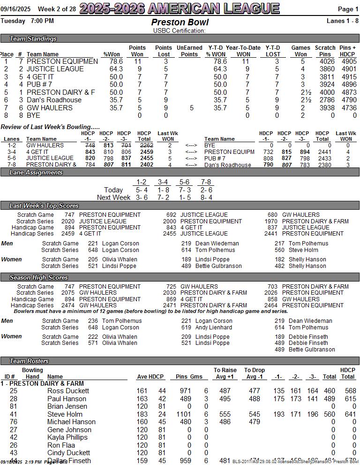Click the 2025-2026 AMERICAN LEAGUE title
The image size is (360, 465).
pyautogui.click(x=180, y=8)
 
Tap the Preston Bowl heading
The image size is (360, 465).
pyautogui.click(x=180, y=23)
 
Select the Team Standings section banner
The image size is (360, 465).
pyautogui.click(x=33, y=39)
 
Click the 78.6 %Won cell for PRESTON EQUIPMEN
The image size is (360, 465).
pyautogui.click(x=116, y=61)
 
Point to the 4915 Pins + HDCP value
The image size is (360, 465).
pyautogui.click(x=348, y=77)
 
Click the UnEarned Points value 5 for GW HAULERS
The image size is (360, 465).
pyautogui.click(x=191, y=108)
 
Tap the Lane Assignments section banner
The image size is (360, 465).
pyautogui.click(x=36, y=173)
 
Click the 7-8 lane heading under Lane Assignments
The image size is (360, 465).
pyautogui.click(x=206, y=182)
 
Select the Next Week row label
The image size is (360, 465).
pyautogui.click(x=113, y=198)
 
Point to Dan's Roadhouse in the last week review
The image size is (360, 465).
pyautogui.click(x=228, y=165)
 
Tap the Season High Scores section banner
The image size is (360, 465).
pyautogui.click(x=39, y=278)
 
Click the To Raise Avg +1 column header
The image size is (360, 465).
pyautogui.click(x=225, y=373)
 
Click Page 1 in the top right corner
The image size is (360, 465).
pyautogui.click(x=348, y=9)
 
